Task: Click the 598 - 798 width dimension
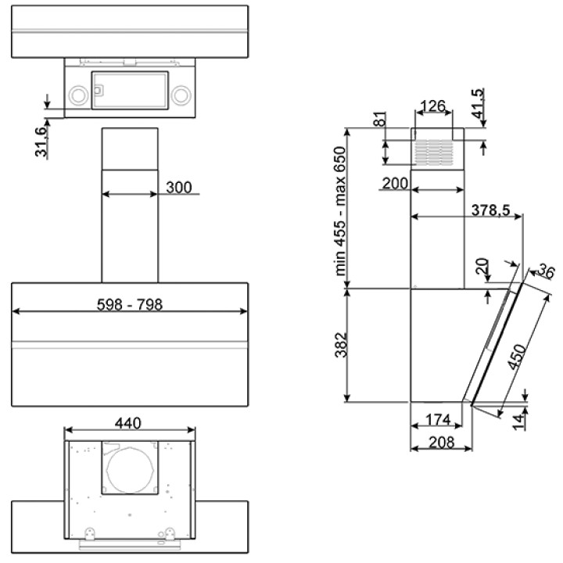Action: coord(130,304)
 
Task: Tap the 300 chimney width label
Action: coord(179,187)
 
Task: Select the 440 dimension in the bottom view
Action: coord(127,423)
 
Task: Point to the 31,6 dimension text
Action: coord(41,142)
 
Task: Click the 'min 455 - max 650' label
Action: coord(339,211)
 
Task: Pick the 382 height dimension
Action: coord(341,345)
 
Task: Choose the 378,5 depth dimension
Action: coord(491,210)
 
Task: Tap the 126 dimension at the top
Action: coord(432,106)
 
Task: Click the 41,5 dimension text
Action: coord(478,103)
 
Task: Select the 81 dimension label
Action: coord(380,119)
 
